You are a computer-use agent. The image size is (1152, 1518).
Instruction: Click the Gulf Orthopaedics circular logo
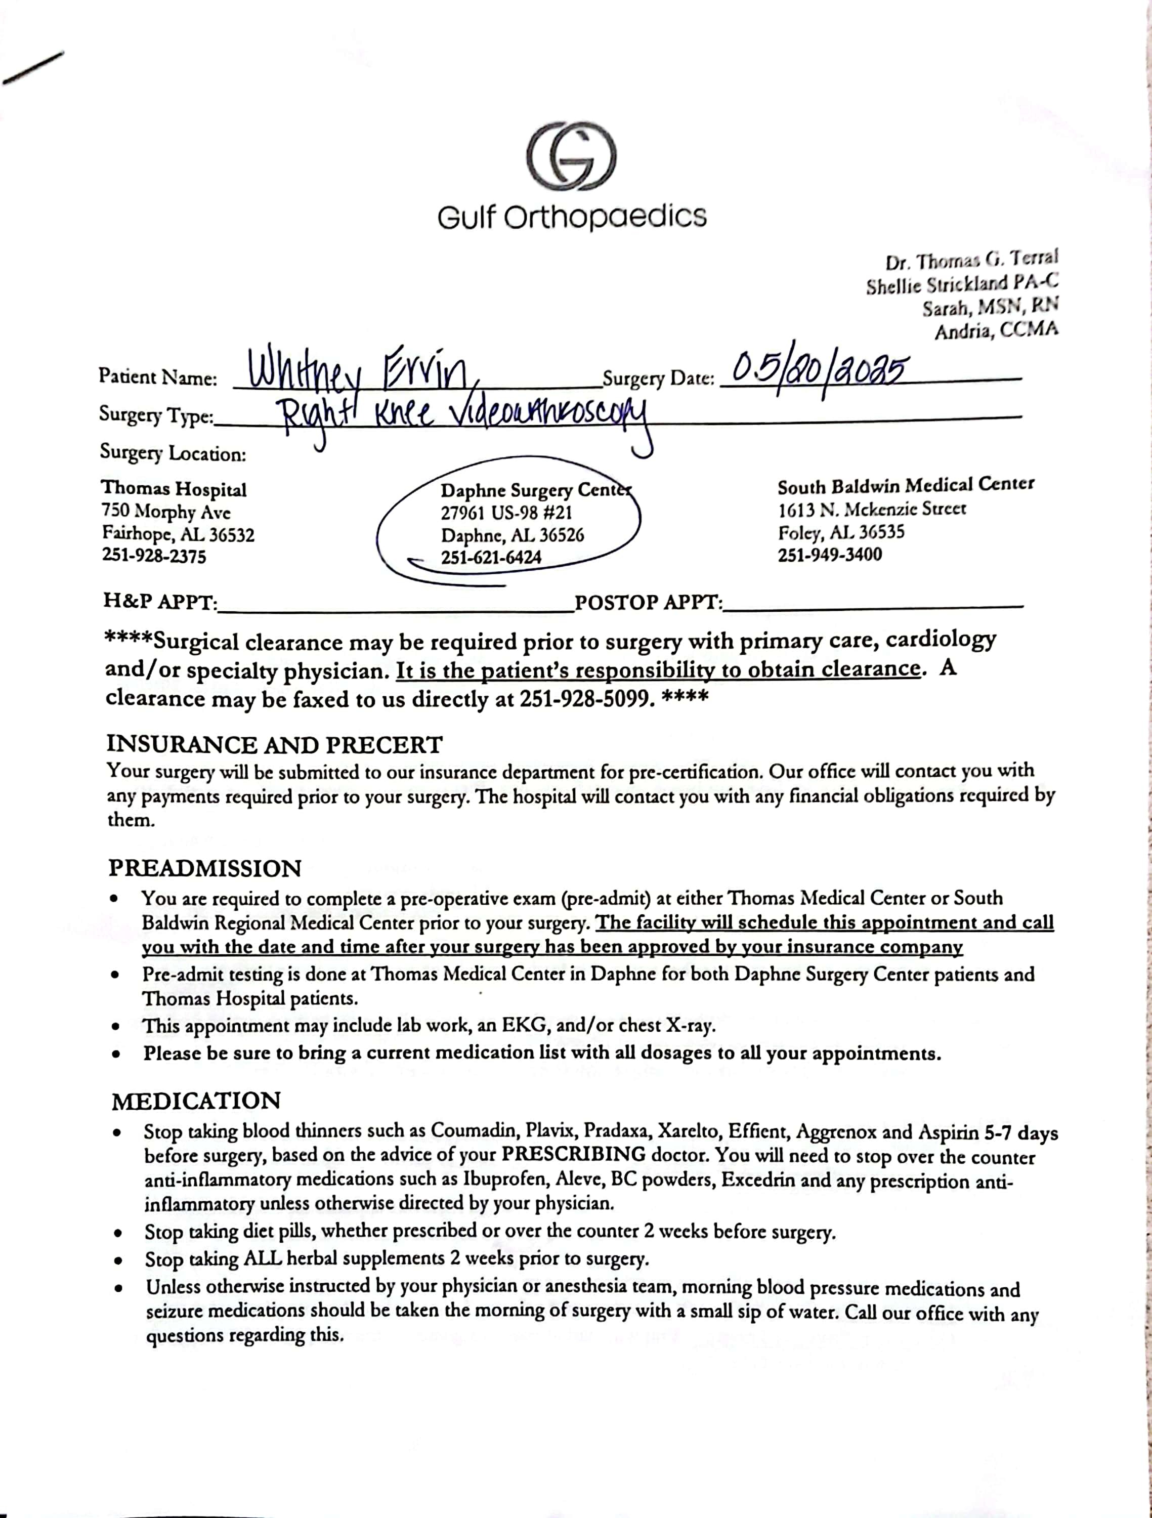tap(572, 156)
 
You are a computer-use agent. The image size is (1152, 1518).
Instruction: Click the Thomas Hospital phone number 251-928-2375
tap(154, 556)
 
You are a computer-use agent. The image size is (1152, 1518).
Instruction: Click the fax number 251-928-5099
tap(583, 699)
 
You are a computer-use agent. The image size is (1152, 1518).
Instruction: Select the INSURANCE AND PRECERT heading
tap(274, 745)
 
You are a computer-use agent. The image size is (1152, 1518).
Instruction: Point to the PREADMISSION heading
tap(204, 869)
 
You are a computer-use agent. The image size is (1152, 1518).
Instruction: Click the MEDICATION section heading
tap(196, 1102)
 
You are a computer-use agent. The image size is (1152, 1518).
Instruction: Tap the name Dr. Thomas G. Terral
tap(971, 261)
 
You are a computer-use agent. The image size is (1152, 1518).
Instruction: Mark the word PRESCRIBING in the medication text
tap(573, 1154)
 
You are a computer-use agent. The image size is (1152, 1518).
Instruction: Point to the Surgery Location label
tap(173, 453)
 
